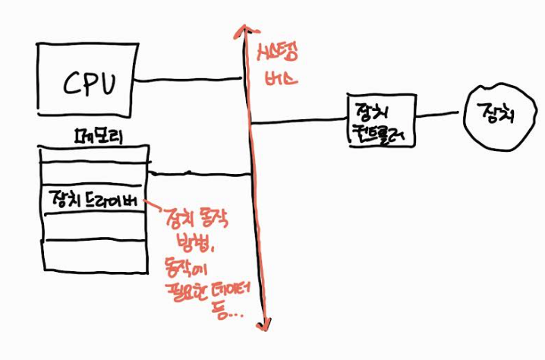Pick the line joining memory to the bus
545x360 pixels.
199,175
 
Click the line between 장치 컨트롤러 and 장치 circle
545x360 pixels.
439,116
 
